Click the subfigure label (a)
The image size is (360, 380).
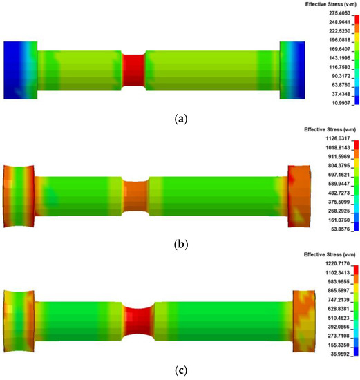[x=181, y=119]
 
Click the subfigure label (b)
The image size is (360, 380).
[x=181, y=244]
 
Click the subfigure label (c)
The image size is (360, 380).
[x=181, y=370]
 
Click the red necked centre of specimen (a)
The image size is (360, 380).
[x=134, y=69]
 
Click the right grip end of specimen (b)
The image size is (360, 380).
[x=301, y=196]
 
